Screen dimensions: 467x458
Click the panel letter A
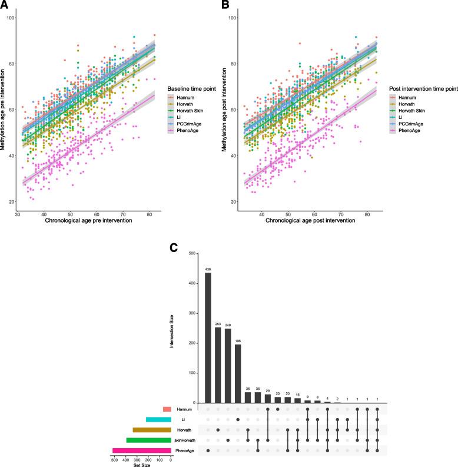(x=5, y=6)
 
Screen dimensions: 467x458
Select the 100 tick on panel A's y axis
(x=10, y=18)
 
